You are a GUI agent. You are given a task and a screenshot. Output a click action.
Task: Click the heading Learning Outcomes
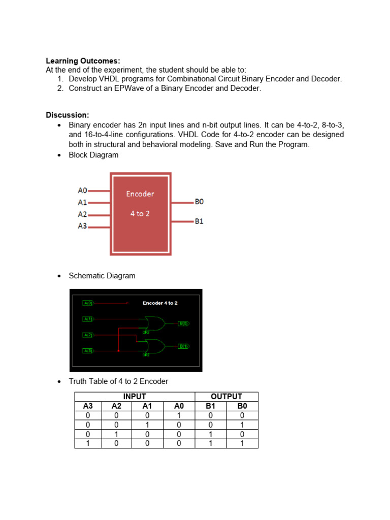83,61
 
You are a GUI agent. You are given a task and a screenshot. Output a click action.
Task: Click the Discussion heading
68,115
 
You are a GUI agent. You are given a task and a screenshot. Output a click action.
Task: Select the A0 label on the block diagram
82,190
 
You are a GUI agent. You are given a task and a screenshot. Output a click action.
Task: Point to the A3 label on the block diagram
82,226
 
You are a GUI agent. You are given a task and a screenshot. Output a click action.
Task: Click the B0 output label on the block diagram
199,202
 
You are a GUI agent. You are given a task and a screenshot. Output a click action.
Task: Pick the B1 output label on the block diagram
199,221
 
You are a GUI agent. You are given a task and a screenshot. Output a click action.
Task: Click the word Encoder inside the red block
140,193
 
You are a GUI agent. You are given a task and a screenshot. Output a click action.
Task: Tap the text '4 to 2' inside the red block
140,214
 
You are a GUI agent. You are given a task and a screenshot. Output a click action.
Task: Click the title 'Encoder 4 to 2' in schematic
160,303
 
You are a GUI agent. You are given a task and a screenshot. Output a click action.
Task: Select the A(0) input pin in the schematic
88,303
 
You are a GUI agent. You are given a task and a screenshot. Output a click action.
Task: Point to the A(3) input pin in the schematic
88,350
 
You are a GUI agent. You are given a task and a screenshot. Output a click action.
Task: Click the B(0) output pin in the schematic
183,323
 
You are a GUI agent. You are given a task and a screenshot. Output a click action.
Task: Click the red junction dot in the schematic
118,350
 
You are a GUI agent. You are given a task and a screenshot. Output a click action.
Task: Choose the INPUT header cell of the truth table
135,397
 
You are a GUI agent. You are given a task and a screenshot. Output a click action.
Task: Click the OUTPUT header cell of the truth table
226,397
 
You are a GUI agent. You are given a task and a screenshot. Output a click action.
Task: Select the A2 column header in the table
117,406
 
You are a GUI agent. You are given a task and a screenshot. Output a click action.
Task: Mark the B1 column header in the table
211,406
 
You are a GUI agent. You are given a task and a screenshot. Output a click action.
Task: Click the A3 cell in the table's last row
88,443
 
